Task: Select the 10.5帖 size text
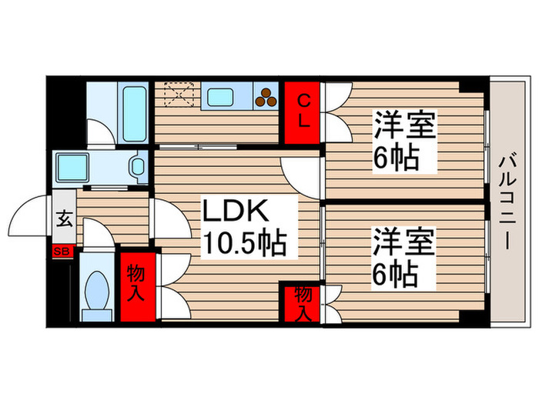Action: tap(244, 244)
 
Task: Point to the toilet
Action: tap(98, 292)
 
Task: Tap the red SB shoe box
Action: tap(62, 251)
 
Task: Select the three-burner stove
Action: tap(266, 95)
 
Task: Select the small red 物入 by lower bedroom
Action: tap(303, 302)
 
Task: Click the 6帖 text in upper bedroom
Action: tap(397, 158)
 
